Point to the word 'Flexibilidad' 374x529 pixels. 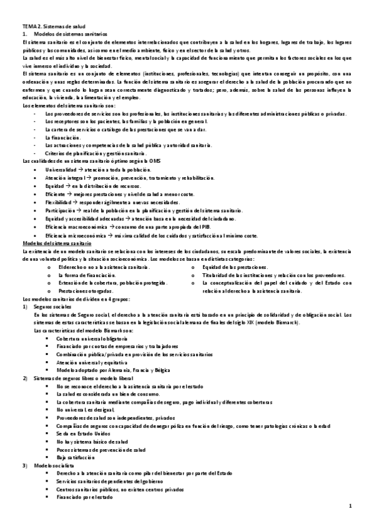[x=59, y=203]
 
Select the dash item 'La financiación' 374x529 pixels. [x=64, y=137]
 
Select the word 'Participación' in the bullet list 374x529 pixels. [x=61, y=211]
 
